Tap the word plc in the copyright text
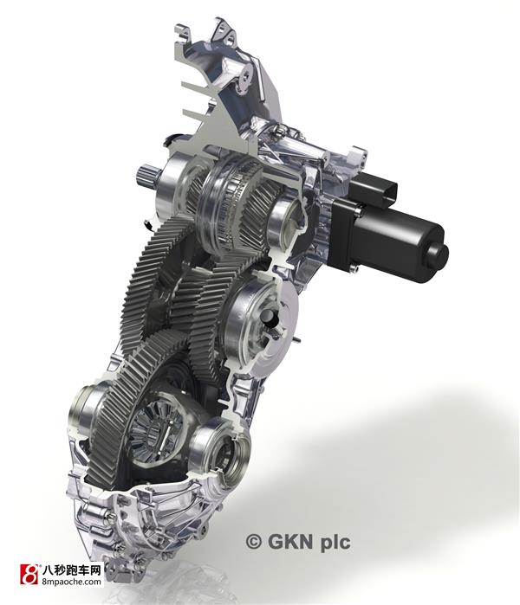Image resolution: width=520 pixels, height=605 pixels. click(335, 542)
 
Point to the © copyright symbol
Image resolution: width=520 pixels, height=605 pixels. click(253, 541)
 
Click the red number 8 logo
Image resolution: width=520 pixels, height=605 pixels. click(29, 575)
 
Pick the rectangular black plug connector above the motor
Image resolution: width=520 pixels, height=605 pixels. click(373, 186)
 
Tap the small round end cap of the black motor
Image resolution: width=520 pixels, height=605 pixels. click(439, 254)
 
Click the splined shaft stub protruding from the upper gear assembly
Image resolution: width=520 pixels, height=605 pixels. click(146, 176)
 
